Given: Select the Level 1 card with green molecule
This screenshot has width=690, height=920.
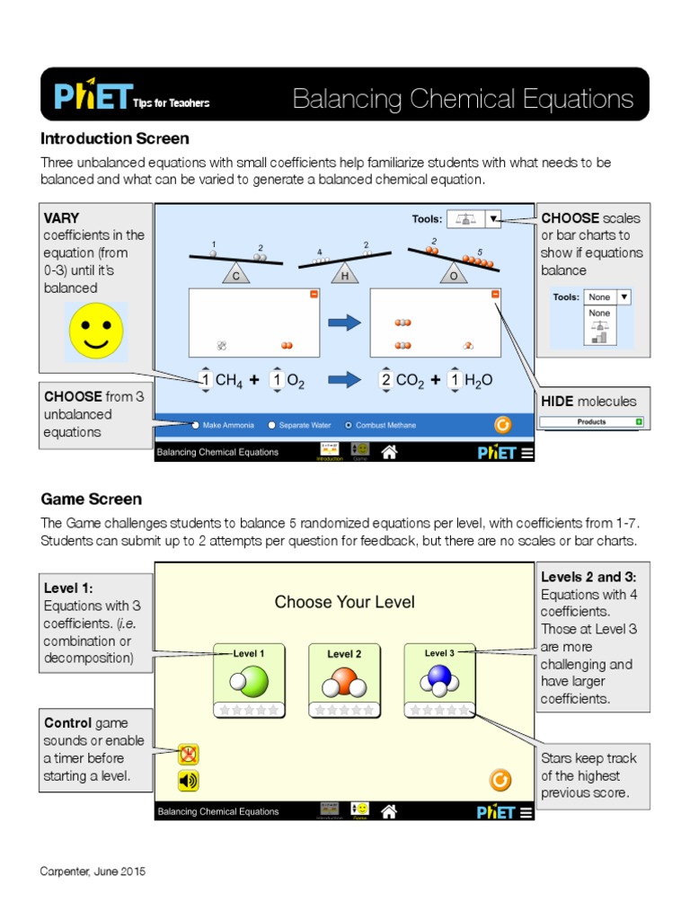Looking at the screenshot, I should pos(249,680).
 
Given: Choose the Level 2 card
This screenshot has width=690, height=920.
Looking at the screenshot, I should pos(344,680).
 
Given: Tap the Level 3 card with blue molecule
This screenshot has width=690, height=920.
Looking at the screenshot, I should pos(439,680).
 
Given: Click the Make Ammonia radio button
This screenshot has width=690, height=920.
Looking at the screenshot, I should pos(196,425).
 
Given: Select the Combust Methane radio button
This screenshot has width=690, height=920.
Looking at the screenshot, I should pos(349,425).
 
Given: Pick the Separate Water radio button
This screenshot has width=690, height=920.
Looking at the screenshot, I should pos(272,425).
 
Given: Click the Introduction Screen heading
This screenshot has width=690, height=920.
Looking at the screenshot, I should pos(115,138).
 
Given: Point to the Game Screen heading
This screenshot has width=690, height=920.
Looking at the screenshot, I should pos(91,499).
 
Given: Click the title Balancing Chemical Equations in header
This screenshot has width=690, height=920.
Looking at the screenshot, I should pos(463,99).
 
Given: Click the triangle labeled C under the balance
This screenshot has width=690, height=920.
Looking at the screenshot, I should pos(236,276).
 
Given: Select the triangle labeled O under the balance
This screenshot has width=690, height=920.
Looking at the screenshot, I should pos(454,276).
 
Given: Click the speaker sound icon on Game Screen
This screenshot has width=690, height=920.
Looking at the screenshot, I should pos(188,781).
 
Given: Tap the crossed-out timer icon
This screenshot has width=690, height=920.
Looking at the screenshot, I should pos(188,755).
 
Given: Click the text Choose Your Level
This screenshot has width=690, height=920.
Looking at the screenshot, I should pos(344,602).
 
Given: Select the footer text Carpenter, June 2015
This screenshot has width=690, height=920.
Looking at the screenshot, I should pos(93,871).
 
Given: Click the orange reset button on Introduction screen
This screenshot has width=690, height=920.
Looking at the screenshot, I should pos(503,424).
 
